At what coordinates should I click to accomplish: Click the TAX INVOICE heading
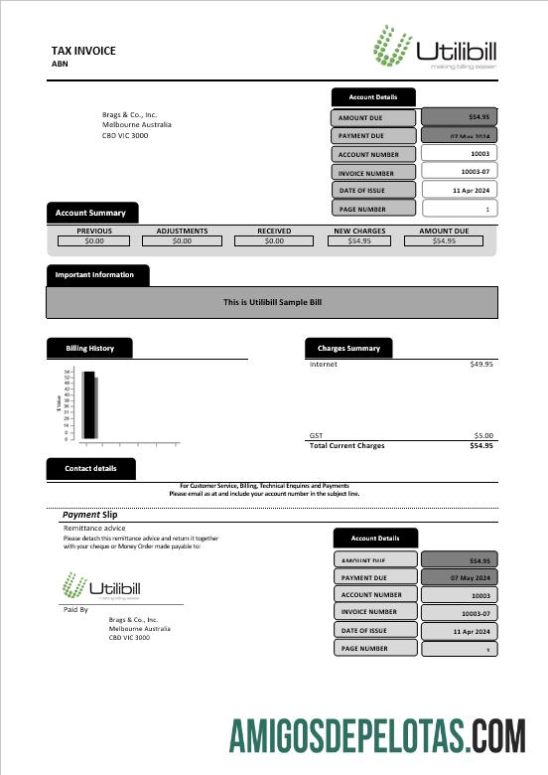[83, 51]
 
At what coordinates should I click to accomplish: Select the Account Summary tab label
[90, 213]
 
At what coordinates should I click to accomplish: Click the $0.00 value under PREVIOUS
[94, 240]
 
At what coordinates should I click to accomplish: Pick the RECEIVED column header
[274, 231]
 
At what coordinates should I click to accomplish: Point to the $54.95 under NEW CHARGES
[359, 240]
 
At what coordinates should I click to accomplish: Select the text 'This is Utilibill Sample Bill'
[272, 302]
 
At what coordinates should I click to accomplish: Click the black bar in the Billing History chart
[88, 404]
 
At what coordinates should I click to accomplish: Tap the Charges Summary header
[348, 348]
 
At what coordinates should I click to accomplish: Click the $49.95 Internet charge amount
[480, 365]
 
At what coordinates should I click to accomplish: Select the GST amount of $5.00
[483, 435]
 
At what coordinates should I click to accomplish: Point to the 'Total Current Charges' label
[347, 445]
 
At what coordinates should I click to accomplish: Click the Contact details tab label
[90, 468]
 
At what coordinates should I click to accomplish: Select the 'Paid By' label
[75, 609]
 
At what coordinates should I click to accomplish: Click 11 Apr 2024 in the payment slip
[459, 631]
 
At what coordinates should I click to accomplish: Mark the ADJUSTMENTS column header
[182, 231]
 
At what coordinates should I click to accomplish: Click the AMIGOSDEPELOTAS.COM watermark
[377, 735]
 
